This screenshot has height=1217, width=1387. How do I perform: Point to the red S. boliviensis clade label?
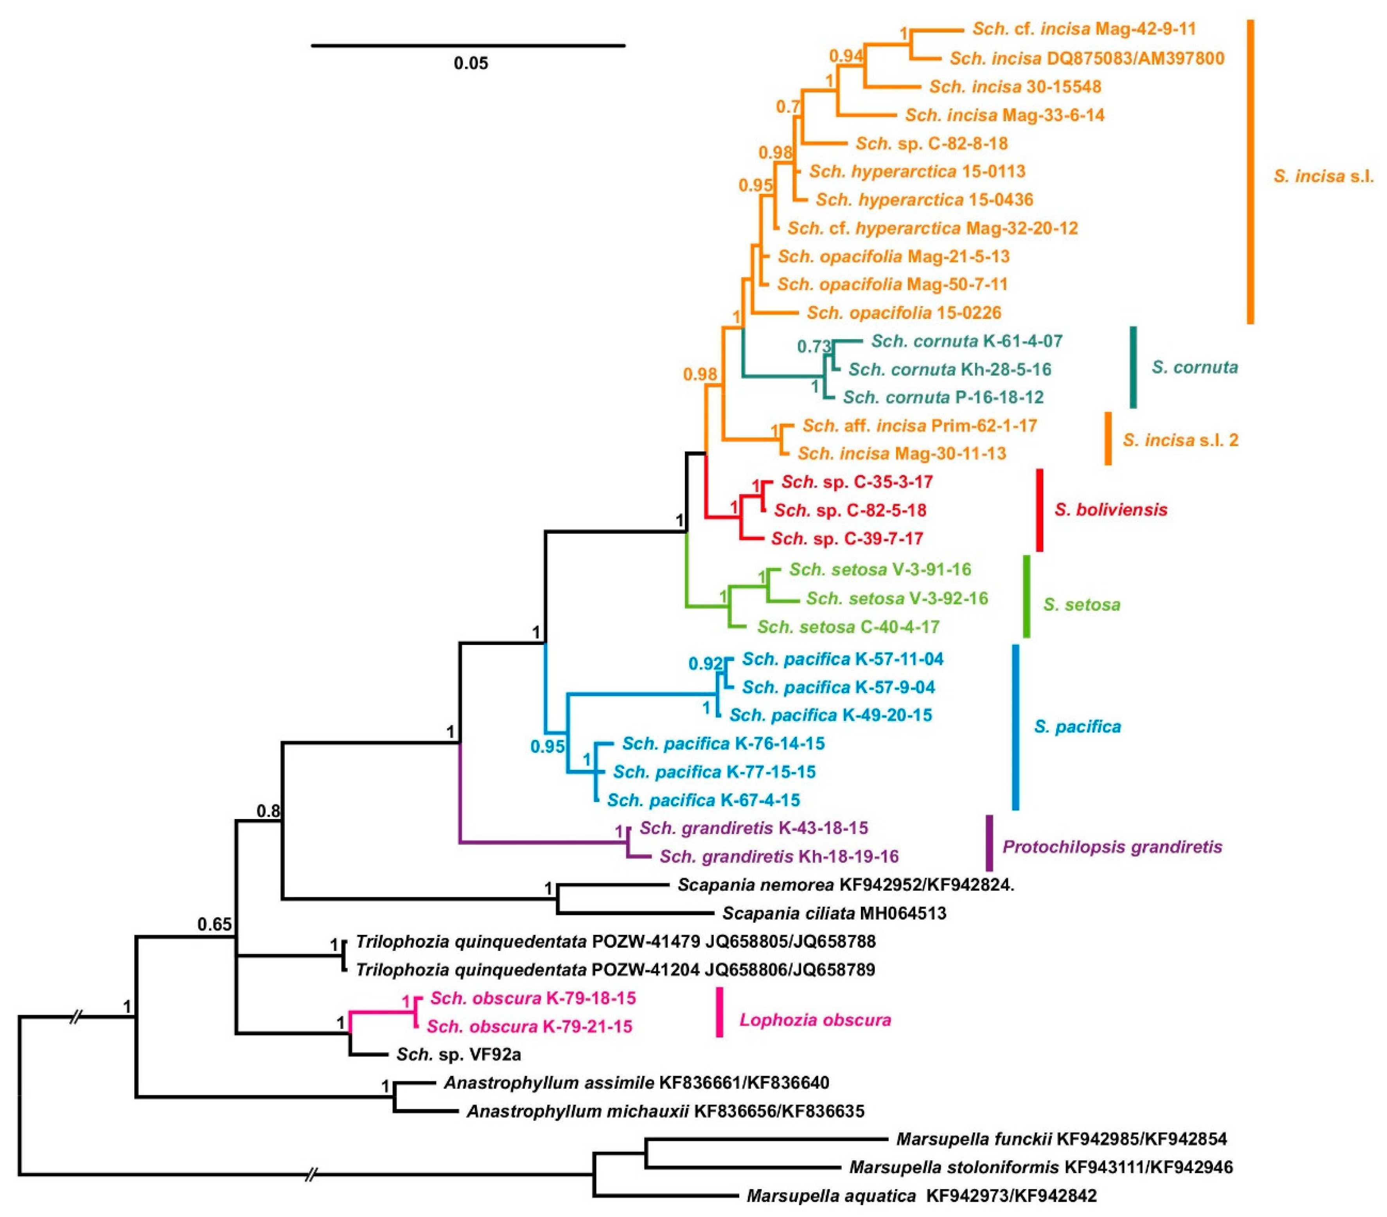click(x=1111, y=510)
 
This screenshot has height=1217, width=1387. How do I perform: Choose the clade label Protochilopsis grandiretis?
click(x=1112, y=847)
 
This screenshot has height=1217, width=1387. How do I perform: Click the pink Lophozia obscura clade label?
click(x=815, y=1020)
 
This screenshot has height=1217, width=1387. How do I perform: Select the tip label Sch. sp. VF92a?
click(x=459, y=1055)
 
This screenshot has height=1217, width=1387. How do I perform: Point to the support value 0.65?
click(x=214, y=924)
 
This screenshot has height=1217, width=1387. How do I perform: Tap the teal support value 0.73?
click(x=814, y=347)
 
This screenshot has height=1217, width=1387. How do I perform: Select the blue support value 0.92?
click(x=706, y=664)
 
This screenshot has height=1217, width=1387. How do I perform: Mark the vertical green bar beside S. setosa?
click(x=1027, y=597)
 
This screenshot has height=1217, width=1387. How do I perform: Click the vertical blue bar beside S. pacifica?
click(x=1016, y=727)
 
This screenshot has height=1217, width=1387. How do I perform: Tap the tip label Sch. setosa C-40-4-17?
click(x=848, y=627)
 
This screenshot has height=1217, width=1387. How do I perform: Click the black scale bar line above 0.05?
click(x=468, y=45)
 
